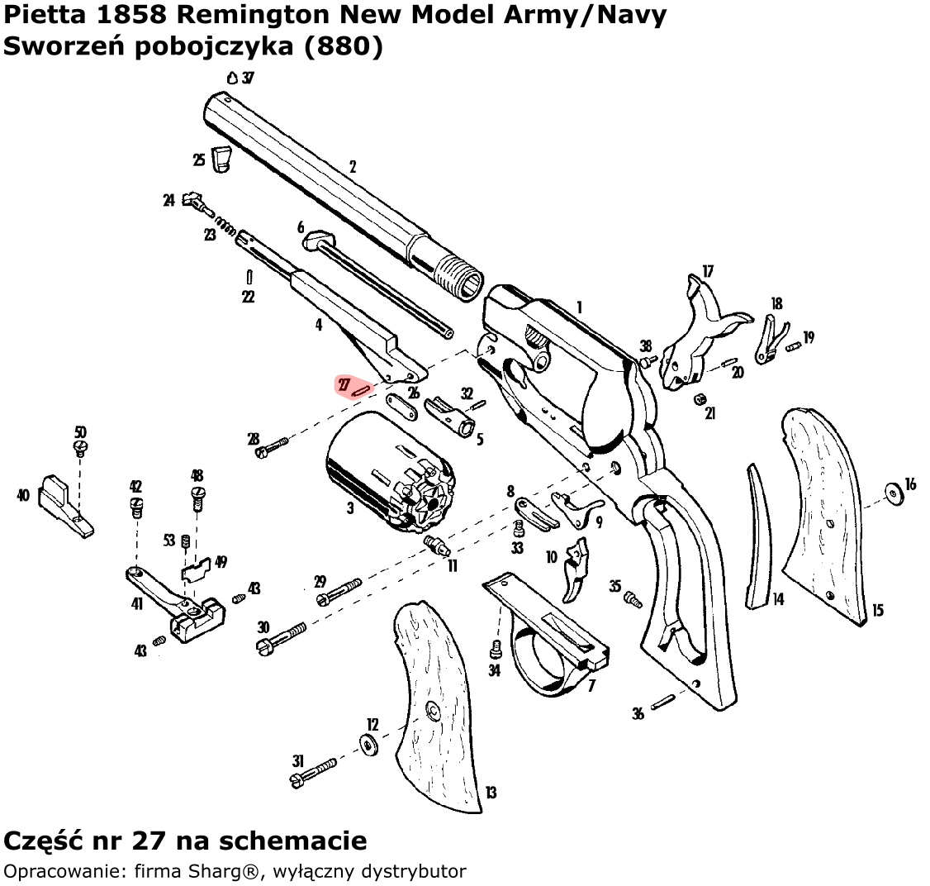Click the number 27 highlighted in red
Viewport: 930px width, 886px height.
[344, 384]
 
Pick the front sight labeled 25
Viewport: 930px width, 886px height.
[221, 159]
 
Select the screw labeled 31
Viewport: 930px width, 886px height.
[314, 768]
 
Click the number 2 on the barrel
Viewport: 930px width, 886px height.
[353, 167]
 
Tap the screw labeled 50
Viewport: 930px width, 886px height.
[81, 447]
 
